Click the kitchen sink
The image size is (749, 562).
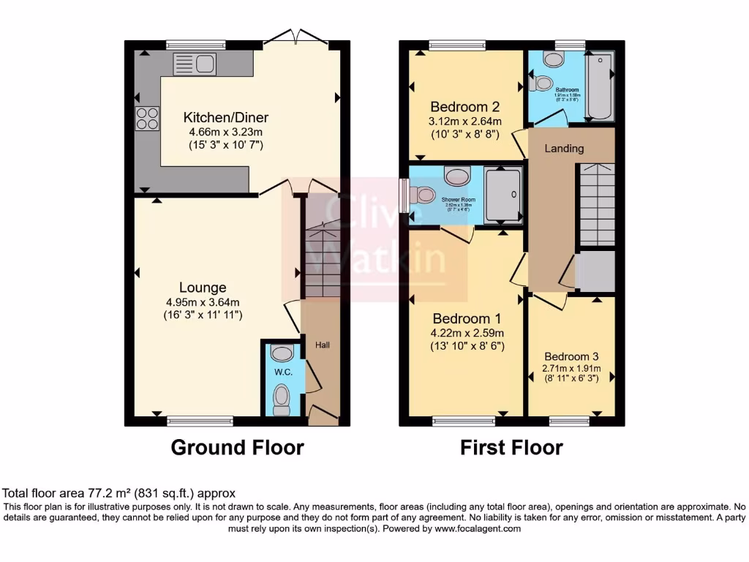pos(194,64)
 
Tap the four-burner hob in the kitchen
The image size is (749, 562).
pos(146,118)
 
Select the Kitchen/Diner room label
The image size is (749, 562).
pos(226,117)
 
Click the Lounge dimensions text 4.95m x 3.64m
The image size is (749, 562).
pos(203,301)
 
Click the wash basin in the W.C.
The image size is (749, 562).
pos(281,353)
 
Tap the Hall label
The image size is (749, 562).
pos(323,344)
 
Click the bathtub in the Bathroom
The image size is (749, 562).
pos(600,87)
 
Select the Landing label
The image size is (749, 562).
pos(564,149)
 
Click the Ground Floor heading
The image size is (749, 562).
pos(237,447)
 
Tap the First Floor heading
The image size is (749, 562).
pos(511,447)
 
